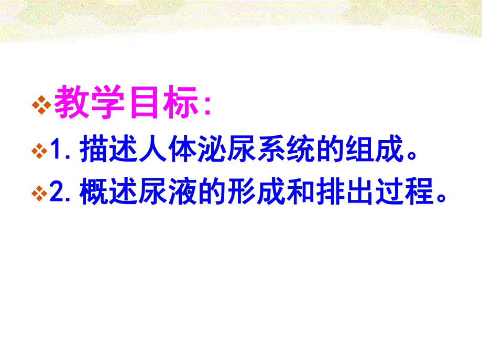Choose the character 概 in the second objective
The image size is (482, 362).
pyautogui.click(x=93, y=194)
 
